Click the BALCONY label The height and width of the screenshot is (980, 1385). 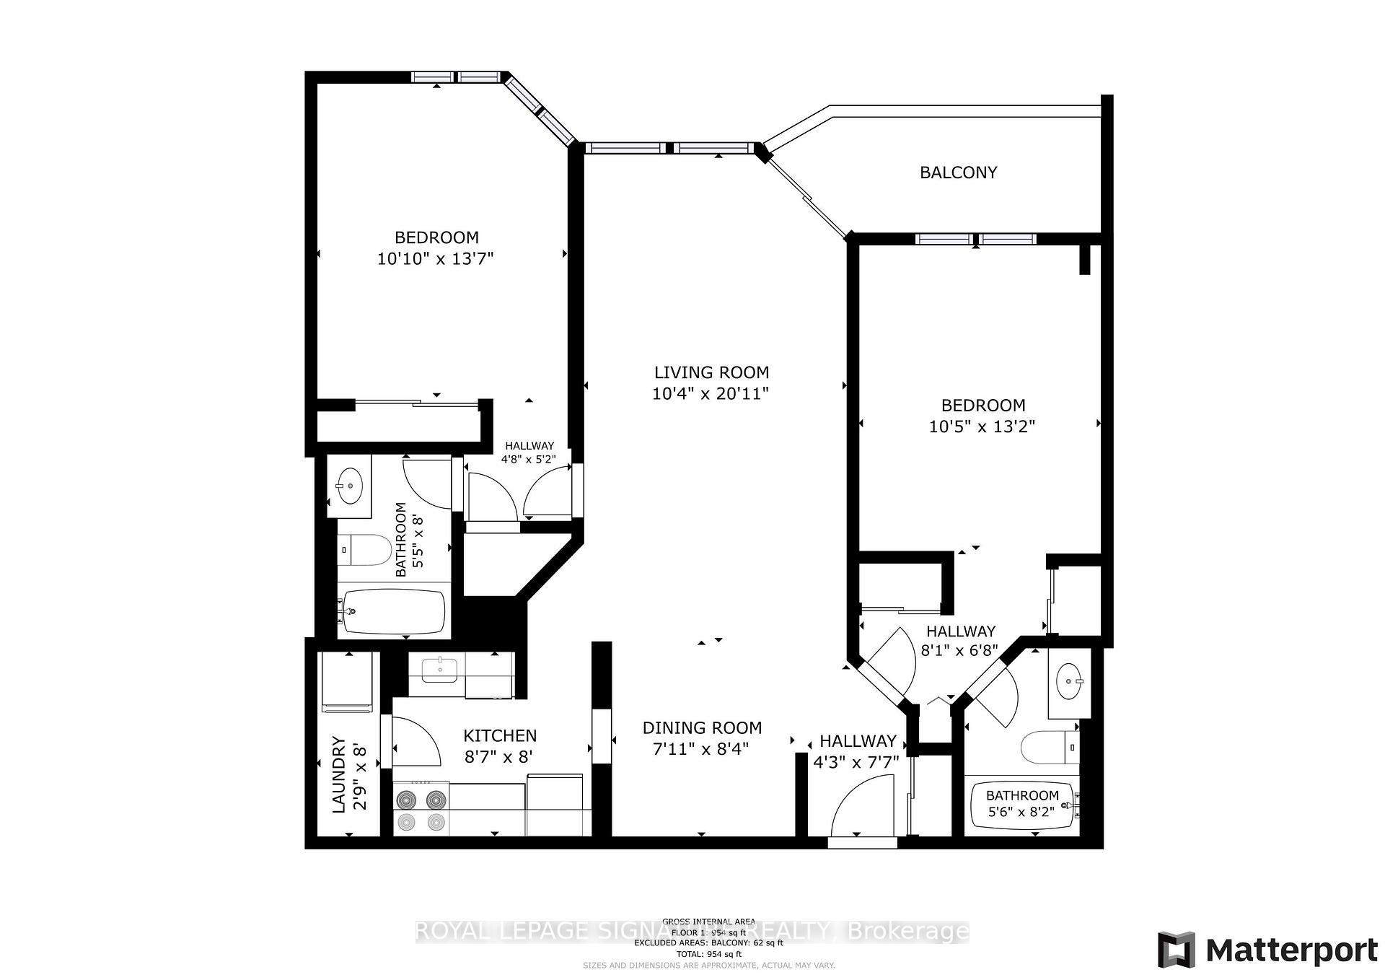pyautogui.click(x=958, y=172)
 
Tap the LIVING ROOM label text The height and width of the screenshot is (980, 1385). pyautogui.click(x=711, y=372)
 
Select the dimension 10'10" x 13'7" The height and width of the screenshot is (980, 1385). pyautogui.click(x=435, y=258)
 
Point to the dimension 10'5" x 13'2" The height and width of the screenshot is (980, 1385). pyautogui.click(x=982, y=426)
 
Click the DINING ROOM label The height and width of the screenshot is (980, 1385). pyautogui.click(x=702, y=727)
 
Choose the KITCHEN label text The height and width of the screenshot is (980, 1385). pyautogui.click(x=499, y=735)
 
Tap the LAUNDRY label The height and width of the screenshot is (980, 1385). pyautogui.click(x=339, y=774)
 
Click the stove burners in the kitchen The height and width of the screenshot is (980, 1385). pyautogui.click(x=421, y=810)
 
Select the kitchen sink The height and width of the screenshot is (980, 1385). pyautogui.click(x=439, y=669)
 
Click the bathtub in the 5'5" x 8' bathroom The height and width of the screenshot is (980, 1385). pyautogui.click(x=393, y=612)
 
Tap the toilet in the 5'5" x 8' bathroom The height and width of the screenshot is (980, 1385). pyautogui.click(x=364, y=551)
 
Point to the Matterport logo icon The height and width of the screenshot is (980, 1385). pyautogui.click(x=1176, y=950)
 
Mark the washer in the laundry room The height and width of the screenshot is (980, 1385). pyautogui.click(x=348, y=683)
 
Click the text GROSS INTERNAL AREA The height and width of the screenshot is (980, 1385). pyautogui.click(x=708, y=922)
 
